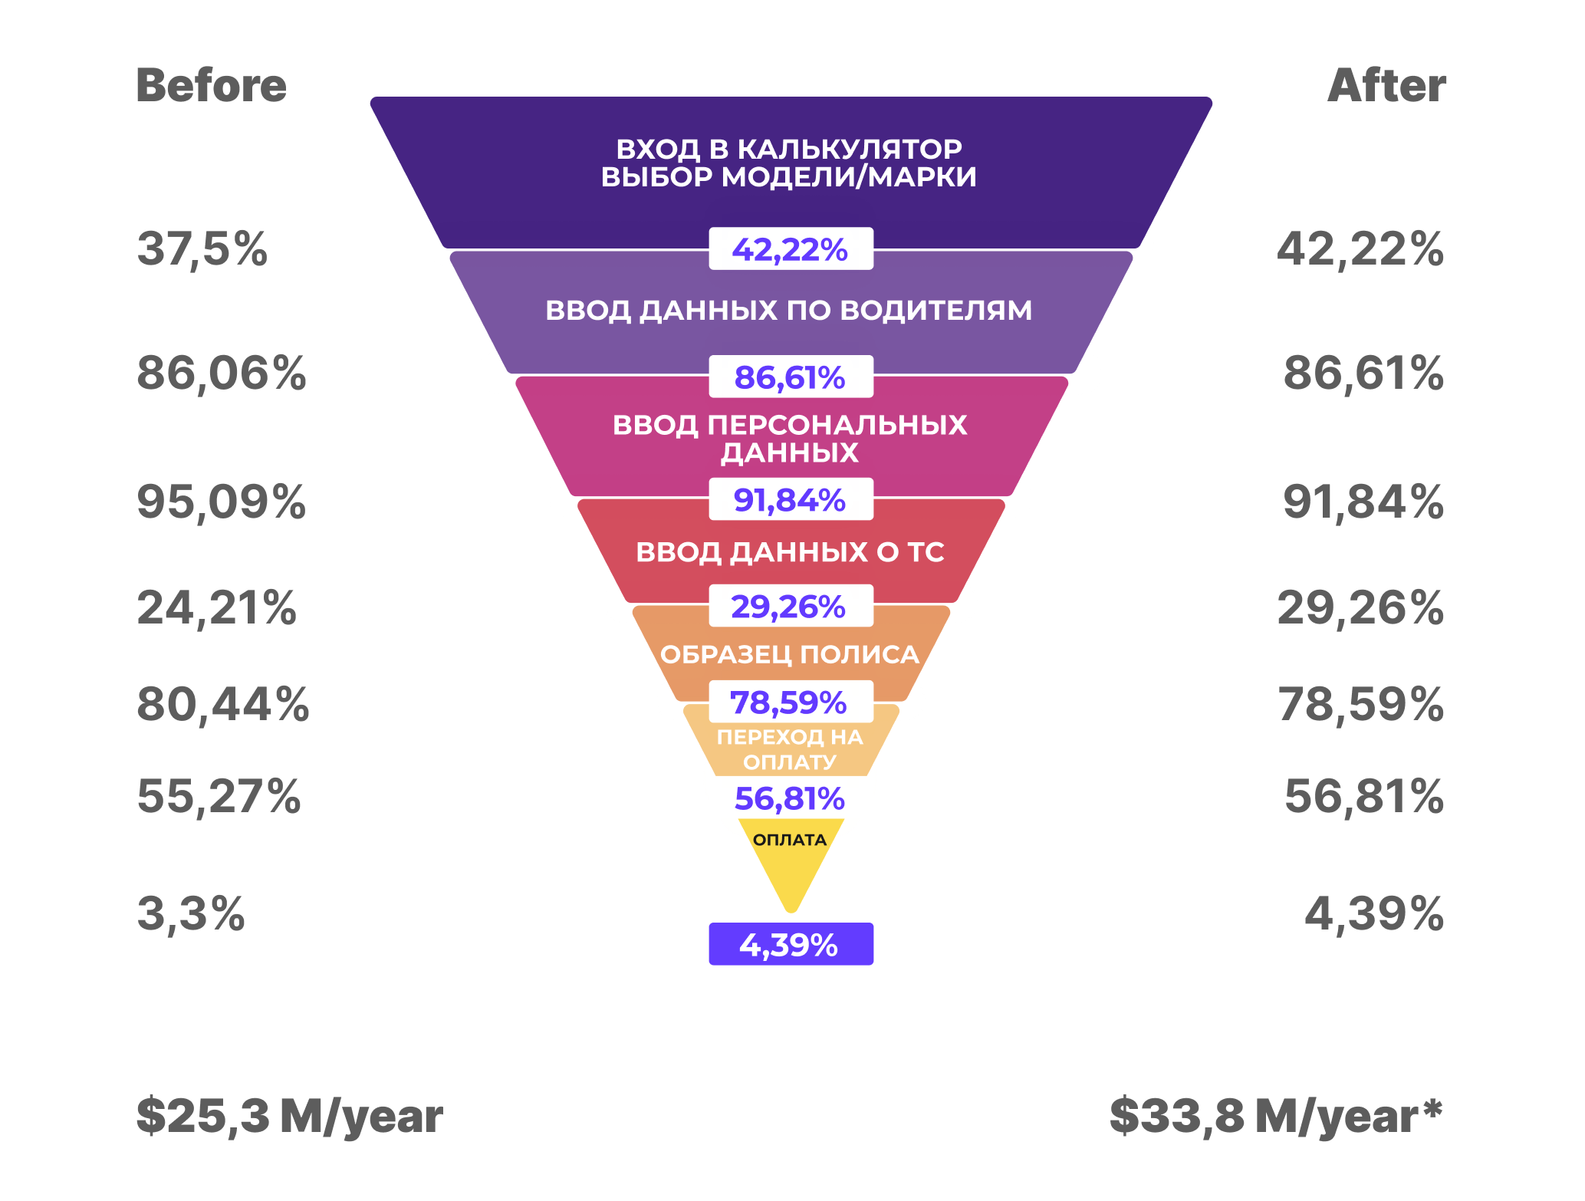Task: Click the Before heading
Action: [211, 85]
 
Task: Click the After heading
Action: [1386, 85]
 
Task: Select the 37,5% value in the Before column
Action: [202, 249]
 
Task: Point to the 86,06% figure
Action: [221, 373]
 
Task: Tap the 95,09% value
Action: [221, 502]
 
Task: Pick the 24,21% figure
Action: [216, 608]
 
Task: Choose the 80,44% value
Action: [222, 704]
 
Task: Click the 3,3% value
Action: [191, 913]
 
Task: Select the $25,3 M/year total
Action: [289, 1116]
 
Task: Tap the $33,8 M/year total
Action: [1275, 1116]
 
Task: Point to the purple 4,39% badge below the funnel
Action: [791, 944]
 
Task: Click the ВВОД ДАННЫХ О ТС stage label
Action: [790, 552]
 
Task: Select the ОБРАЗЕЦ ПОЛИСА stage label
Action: [790, 654]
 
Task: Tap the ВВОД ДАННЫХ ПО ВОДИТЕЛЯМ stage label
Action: [788, 311]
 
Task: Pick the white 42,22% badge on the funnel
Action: [791, 249]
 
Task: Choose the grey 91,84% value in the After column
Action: [1363, 502]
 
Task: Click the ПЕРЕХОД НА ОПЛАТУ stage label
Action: [790, 749]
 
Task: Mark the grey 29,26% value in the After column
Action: [1360, 608]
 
